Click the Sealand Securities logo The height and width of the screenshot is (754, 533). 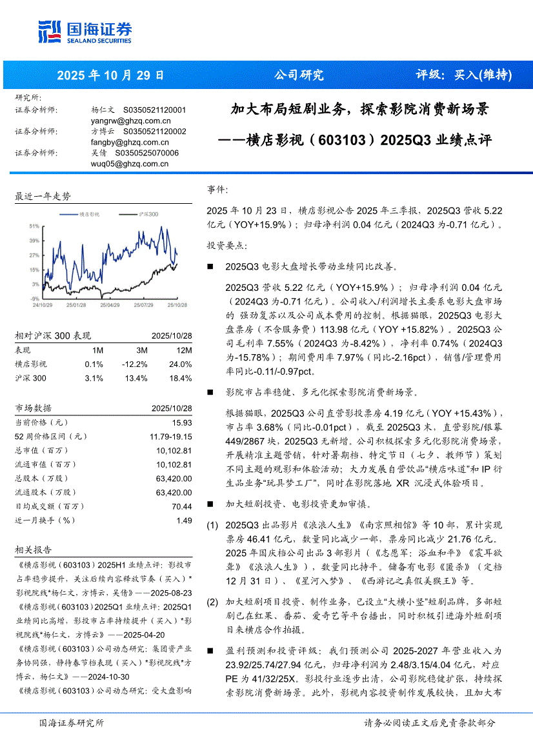click(x=85, y=31)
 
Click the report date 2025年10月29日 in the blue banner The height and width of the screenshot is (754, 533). click(x=110, y=75)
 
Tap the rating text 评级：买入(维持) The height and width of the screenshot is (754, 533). click(x=463, y=75)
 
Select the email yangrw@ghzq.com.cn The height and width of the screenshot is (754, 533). click(x=131, y=121)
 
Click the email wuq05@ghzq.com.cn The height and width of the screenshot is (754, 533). click(x=130, y=164)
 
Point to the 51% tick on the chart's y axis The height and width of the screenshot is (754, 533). click(x=34, y=226)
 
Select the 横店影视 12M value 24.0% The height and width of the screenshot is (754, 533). click(x=181, y=364)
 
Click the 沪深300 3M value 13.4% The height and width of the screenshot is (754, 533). click(x=137, y=378)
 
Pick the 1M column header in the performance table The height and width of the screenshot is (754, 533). click(x=97, y=350)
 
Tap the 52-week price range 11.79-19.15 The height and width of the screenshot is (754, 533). click(x=170, y=436)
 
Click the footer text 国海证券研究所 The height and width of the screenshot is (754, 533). click(x=72, y=723)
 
